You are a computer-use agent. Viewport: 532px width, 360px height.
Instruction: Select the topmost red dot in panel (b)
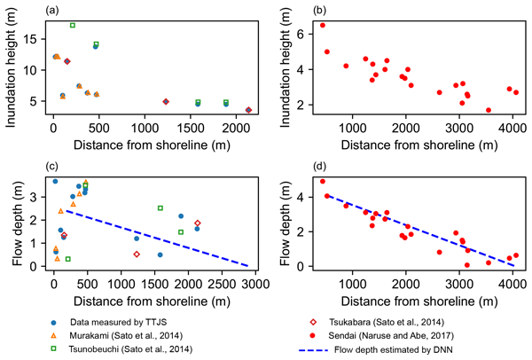(x=323, y=25)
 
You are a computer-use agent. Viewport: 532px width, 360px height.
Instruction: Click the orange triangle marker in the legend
(x=56, y=326)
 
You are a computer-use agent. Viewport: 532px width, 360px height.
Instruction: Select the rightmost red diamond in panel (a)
(x=248, y=110)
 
